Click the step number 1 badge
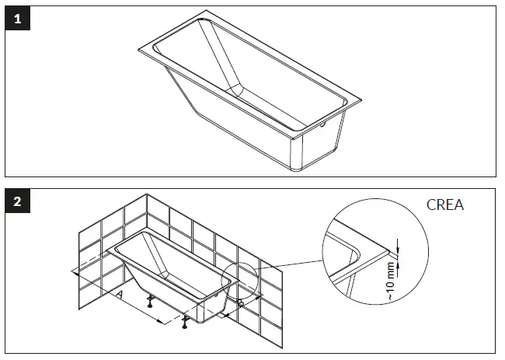[17, 19]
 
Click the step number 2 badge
[17, 202]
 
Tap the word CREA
[446, 205]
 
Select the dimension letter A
[119, 294]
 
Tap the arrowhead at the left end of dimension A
[73, 272]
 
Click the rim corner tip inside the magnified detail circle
[386, 253]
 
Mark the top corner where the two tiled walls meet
[147, 194]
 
